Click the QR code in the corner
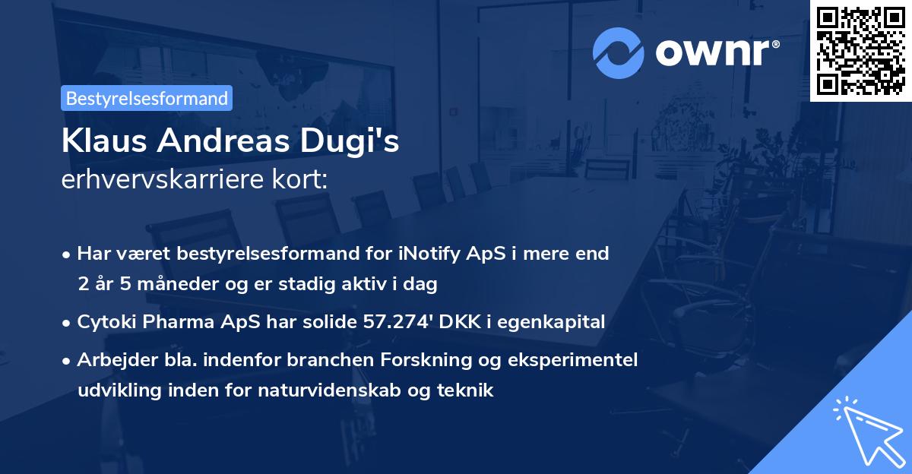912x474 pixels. (860, 51)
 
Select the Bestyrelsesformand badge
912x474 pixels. (146, 98)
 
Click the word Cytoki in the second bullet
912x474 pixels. (106, 322)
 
